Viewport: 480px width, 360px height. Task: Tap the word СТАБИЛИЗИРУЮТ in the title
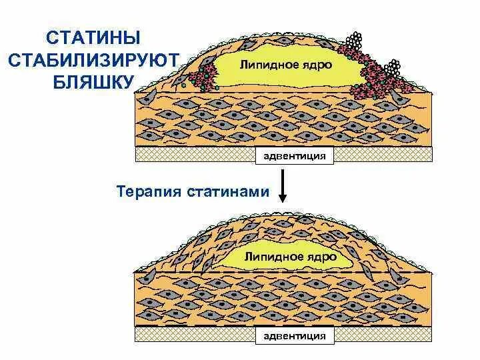pyautogui.click(x=93, y=59)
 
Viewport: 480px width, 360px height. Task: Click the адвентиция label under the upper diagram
pyautogui.click(x=293, y=156)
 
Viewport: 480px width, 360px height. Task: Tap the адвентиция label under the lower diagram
pyautogui.click(x=293, y=335)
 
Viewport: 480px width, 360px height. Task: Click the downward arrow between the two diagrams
pyautogui.click(x=283, y=186)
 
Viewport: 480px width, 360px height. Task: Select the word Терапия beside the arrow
pyautogui.click(x=145, y=192)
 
